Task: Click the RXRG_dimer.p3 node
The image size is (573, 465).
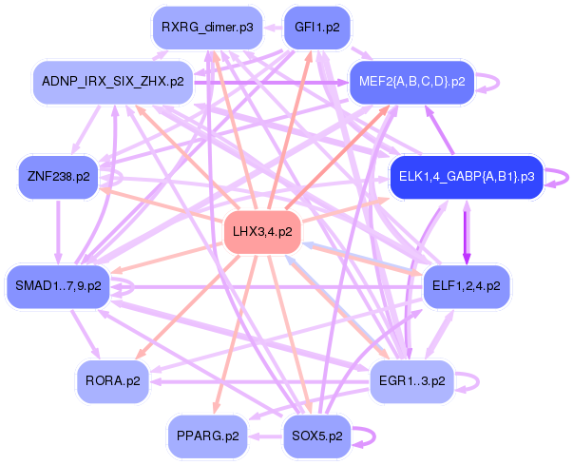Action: [x=207, y=28]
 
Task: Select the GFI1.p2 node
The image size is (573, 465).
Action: [x=316, y=28]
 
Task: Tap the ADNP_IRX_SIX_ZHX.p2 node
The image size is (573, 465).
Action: [x=113, y=82]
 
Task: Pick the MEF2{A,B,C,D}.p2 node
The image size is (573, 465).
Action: [x=411, y=82]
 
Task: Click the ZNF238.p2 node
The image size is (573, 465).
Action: [x=59, y=177]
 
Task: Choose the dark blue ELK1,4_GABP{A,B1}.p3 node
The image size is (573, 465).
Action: [x=467, y=177]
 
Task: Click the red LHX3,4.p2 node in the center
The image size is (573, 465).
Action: [x=262, y=232]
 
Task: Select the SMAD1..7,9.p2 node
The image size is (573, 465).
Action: [x=58, y=286]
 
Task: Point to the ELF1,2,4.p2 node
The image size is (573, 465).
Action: [x=467, y=286]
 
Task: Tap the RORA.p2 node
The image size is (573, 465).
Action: [x=113, y=381]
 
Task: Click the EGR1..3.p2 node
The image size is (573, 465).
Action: [x=411, y=381]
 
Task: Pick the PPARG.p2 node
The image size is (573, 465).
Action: [x=207, y=436]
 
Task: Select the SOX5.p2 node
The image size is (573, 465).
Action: [x=317, y=436]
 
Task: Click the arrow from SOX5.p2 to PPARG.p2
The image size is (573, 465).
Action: [x=266, y=436]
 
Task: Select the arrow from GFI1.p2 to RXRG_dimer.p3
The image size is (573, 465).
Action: [x=274, y=28]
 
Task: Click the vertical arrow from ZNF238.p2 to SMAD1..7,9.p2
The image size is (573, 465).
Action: [x=58, y=232]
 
